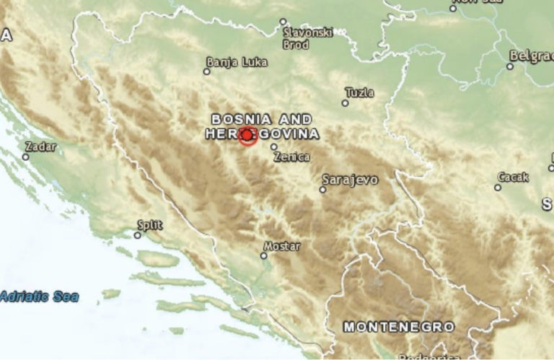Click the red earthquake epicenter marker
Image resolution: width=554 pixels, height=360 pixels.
[247, 135]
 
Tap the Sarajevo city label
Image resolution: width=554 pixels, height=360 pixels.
[350, 180]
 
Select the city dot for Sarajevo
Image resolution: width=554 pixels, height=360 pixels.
[322, 190]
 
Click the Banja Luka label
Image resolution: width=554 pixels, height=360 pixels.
[237, 62]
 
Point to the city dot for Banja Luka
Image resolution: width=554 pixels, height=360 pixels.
[206, 71]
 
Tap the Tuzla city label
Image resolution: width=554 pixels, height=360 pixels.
[360, 92]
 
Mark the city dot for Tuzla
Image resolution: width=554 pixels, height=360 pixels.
[345, 103]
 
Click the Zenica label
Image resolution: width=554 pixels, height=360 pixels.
[292, 157]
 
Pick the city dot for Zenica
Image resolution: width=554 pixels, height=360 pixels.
[273, 147]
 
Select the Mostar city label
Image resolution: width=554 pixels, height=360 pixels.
[281, 246]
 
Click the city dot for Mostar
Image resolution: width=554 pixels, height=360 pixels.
[264, 255]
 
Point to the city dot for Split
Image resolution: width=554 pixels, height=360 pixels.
[138, 234]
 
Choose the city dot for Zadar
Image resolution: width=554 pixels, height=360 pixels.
[26, 157]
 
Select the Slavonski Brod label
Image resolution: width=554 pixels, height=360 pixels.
[307, 38]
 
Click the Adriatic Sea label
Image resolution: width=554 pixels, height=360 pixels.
[40, 297]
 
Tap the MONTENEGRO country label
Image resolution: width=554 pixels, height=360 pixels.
[399, 327]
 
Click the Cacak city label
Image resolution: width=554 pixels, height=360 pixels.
[513, 177]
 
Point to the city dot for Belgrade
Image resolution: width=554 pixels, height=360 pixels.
[510, 66]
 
